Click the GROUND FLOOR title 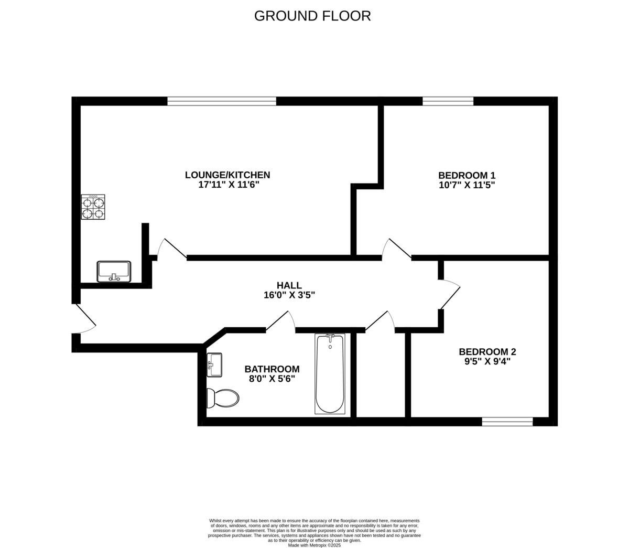pyautogui.click(x=312, y=16)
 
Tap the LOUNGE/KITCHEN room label pyautogui.click(x=227, y=175)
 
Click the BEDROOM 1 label pyautogui.click(x=467, y=175)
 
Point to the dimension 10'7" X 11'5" pyautogui.click(x=467, y=185)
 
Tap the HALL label pyautogui.click(x=289, y=285)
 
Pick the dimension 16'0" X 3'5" pyautogui.click(x=289, y=295)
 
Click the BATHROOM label pyautogui.click(x=272, y=369)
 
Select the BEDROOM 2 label pyautogui.click(x=487, y=351)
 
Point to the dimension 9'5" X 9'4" pyautogui.click(x=487, y=361)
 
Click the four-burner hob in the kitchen pyautogui.click(x=93, y=207)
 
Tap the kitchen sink pyautogui.click(x=114, y=272)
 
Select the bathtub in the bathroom pyautogui.click(x=330, y=373)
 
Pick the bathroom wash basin pyautogui.click(x=214, y=364)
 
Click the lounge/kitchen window pyautogui.click(x=222, y=101)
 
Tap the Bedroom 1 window pyautogui.click(x=448, y=101)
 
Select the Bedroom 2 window pyautogui.click(x=507, y=422)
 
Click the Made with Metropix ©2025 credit pyautogui.click(x=314, y=545)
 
